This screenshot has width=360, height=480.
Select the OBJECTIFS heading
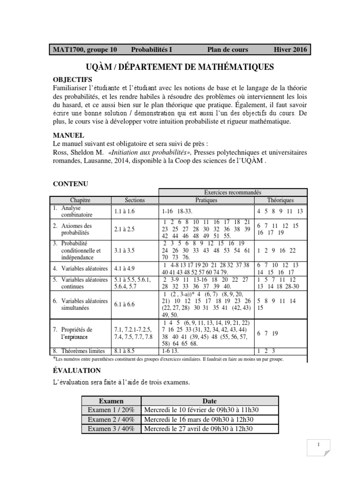(x=72, y=79)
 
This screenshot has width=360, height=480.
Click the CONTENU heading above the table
(x=70, y=184)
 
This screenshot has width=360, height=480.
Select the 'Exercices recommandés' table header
(x=232, y=192)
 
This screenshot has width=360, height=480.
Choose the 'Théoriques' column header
(x=281, y=200)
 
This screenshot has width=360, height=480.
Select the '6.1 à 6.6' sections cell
(x=124, y=304)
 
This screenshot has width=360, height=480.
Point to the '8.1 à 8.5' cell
(x=124, y=350)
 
